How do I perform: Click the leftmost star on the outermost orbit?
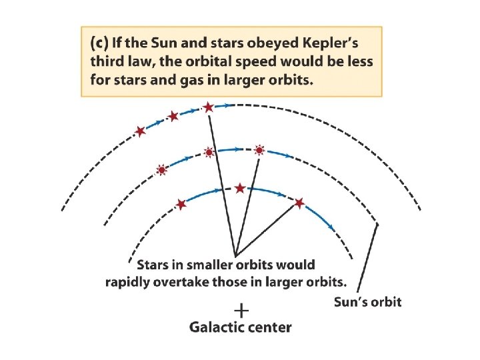140,131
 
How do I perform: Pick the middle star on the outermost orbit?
173,117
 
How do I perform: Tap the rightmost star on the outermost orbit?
208,107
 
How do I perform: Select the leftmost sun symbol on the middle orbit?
161,170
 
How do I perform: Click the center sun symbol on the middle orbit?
209,153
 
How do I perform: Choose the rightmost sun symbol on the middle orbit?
259,151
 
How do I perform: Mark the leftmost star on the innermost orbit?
181,204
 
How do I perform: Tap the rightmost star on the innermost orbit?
299,202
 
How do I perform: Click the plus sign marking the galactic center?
241,310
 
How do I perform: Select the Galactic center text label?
241,327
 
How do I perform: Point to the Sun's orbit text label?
367,301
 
